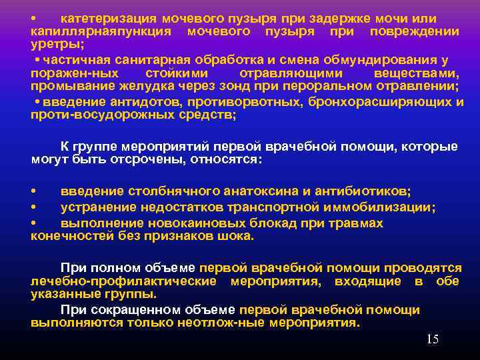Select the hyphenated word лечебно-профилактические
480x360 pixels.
pos(123,281)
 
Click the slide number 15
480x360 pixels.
pos(432,339)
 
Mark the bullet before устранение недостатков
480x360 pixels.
pos(35,207)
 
